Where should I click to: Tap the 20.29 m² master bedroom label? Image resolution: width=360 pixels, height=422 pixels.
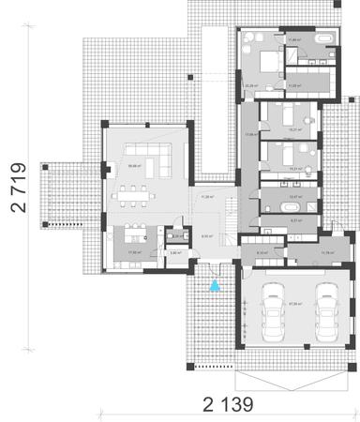click(250, 85)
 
